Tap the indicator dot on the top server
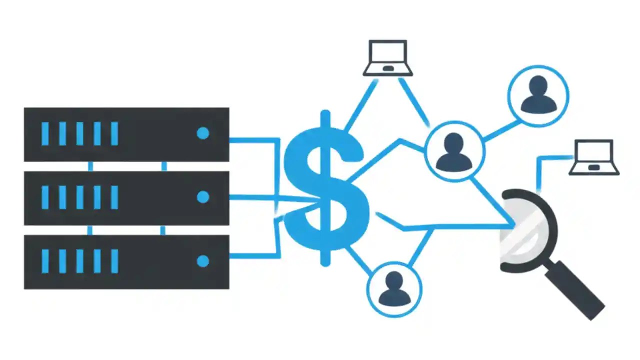(202, 133)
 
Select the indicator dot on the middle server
(202, 197)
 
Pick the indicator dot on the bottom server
(202, 261)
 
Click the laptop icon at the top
(387, 57)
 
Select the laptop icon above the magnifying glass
(594, 157)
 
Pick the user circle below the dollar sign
(394, 288)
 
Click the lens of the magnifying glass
(525, 230)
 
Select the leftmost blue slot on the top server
(45, 134)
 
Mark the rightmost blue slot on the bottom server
(114, 261)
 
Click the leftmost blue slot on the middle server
(45, 197)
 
